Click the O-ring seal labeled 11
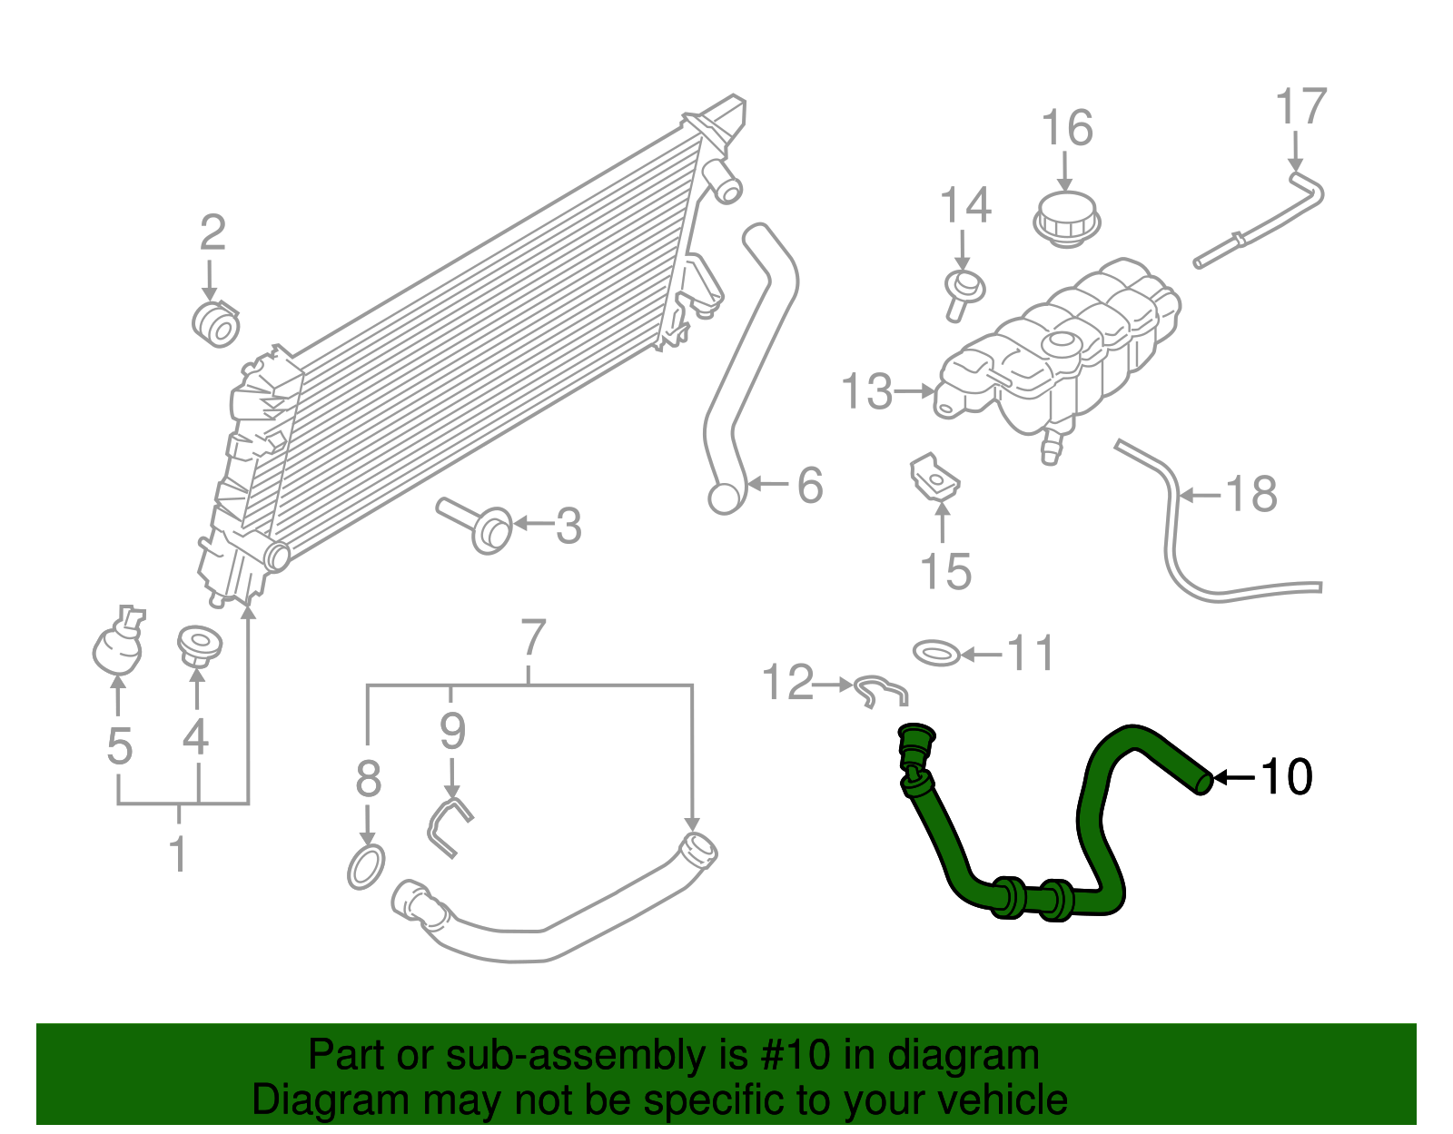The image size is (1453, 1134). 936,653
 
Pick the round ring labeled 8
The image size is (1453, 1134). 366,866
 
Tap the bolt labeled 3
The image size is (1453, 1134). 479,527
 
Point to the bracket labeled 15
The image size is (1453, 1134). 934,478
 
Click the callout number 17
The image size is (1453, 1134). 1301,107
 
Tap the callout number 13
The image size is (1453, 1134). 866,392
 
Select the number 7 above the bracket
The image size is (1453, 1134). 533,638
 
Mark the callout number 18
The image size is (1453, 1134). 1251,495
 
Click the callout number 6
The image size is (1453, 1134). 809,485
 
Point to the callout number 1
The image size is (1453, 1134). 179,854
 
